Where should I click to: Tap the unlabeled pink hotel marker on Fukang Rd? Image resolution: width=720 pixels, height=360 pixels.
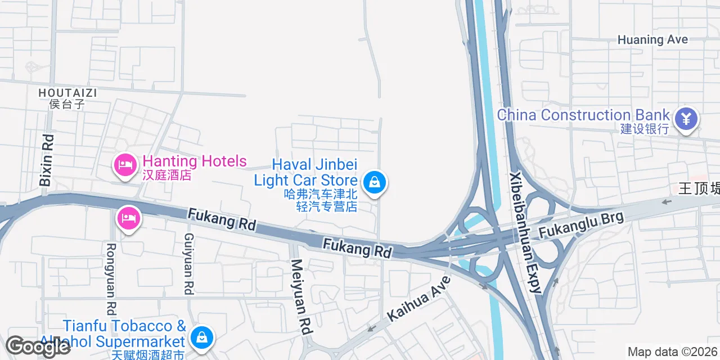[129, 218]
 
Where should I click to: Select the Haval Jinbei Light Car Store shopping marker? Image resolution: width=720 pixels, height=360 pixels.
[373, 183]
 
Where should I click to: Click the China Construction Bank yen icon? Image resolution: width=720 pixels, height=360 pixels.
[686, 119]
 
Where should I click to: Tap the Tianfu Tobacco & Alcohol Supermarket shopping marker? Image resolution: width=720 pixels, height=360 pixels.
[201, 337]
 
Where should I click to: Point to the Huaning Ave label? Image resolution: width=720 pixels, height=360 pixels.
[652, 39]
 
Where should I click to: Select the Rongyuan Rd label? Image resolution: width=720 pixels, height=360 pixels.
[111, 278]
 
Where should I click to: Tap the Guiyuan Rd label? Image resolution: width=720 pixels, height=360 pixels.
[189, 264]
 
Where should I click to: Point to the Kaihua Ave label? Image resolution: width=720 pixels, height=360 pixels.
[419, 298]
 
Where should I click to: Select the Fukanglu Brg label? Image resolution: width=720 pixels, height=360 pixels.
[581, 224]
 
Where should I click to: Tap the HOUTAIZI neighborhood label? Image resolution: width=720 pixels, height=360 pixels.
[67, 92]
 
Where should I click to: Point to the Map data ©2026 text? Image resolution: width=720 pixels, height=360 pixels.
[673, 352]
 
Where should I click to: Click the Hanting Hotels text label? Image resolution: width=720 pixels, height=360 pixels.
[195, 161]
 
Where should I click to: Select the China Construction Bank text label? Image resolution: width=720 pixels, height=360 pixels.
[583, 115]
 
